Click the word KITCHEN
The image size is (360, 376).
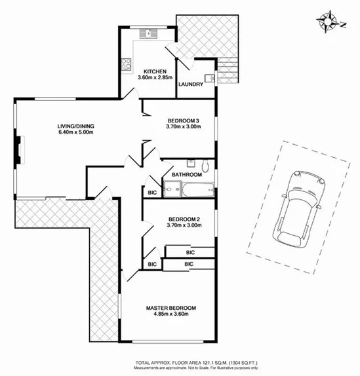click(157, 71)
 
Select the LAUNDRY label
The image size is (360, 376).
click(190, 84)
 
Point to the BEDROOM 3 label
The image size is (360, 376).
click(184, 121)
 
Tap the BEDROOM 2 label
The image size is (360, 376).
click(184, 219)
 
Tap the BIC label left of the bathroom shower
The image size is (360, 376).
click(151, 192)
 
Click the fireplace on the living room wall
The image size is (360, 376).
click(22, 149)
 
